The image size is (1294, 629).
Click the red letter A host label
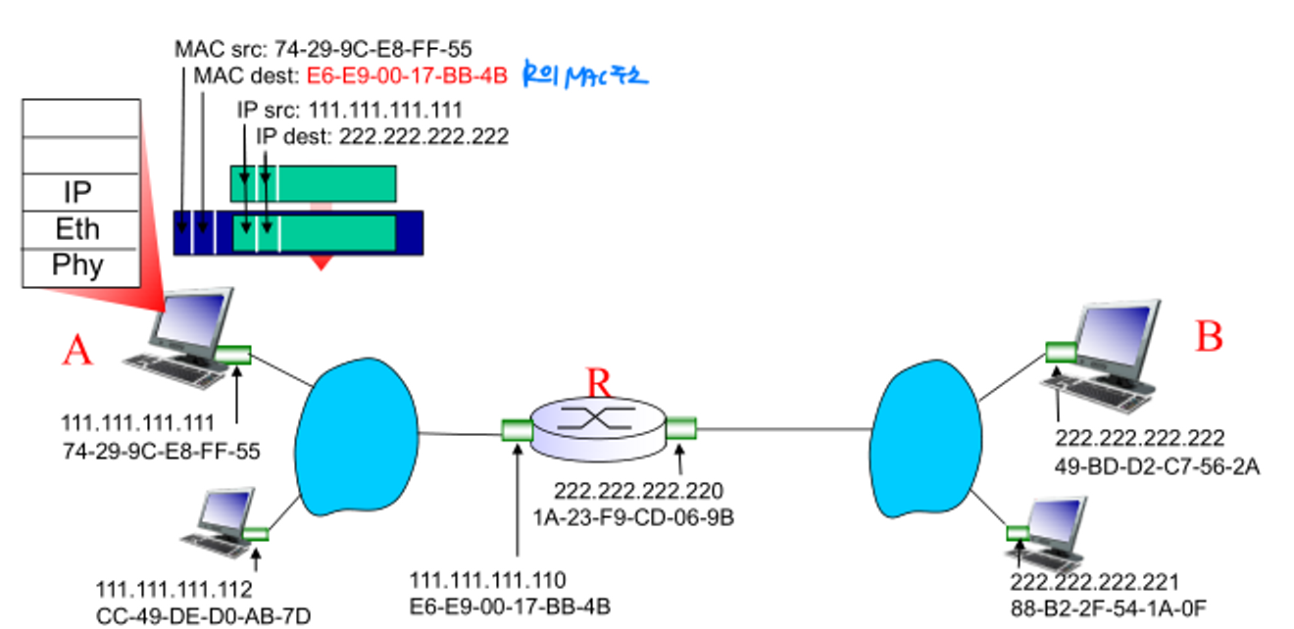pyautogui.click(x=77, y=350)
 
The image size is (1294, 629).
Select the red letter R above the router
pyautogui.click(x=599, y=383)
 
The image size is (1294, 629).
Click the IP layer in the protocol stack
pyautogui.click(x=77, y=191)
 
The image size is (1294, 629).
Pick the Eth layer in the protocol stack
pyautogui.click(x=77, y=229)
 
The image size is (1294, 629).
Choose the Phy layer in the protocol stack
pyautogui.click(x=77, y=266)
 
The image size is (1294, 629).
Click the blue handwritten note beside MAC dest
pyautogui.click(x=585, y=74)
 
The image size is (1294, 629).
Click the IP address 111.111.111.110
pyautogui.click(x=487, y=581)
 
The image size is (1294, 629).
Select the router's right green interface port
pyautogui.click(x=680, y=427)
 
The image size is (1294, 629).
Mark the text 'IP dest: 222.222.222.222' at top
pyautogui.click(x=382, y=136)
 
